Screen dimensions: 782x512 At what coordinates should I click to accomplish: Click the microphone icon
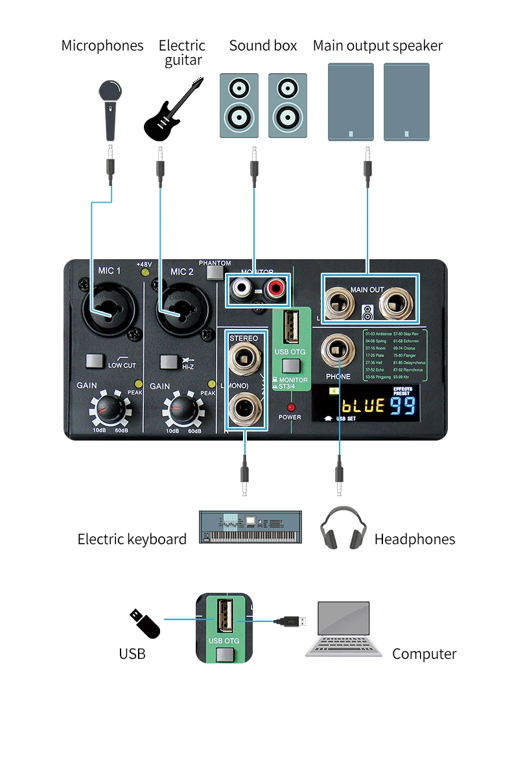point(110,109)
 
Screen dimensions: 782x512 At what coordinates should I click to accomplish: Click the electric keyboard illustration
point(250,527)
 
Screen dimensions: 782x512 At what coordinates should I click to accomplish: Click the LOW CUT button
point(95,360)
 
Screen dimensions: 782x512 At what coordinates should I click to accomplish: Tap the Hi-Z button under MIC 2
point(169,361)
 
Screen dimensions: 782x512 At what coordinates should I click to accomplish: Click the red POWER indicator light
point(290,407)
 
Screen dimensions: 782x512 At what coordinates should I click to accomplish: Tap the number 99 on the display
point(402,406)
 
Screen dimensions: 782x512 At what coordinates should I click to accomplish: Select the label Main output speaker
point(377,46)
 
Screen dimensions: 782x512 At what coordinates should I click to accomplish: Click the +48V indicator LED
point(145,273)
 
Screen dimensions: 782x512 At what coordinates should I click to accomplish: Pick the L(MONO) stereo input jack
point(244,410)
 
